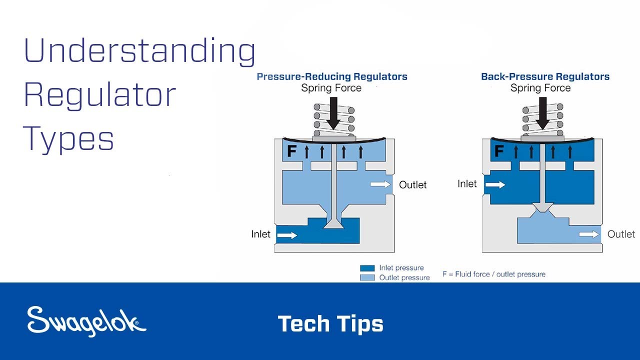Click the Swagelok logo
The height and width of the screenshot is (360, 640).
(x=86, y=321)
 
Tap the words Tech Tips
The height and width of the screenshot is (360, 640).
(x=330, y=323)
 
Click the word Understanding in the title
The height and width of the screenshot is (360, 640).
(x=139, y=52)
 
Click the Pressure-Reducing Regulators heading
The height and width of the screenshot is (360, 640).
(x=332, y=76)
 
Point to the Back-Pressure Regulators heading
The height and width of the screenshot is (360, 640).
(x=545, y=76)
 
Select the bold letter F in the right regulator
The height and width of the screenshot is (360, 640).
(x=499, y=151)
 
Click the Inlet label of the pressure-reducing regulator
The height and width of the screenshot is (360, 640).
(x=260, y=234)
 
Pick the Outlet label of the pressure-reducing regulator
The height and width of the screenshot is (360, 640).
(x=412, y=185)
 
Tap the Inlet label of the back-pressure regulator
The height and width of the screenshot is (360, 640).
(x=467, y=184)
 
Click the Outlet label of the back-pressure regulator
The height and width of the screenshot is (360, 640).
(x=621, y=234)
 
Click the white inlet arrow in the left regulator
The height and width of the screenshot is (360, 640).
(x=287, y=235)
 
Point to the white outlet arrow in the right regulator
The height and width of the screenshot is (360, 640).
(x=589, y=234)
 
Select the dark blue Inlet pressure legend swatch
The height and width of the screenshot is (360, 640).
(x=367, y=268)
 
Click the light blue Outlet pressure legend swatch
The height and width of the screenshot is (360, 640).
(x=367, y=277)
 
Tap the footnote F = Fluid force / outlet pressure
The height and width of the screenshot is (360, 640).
(x=493, y=274)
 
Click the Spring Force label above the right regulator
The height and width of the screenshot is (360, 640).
(x=540, y=88)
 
